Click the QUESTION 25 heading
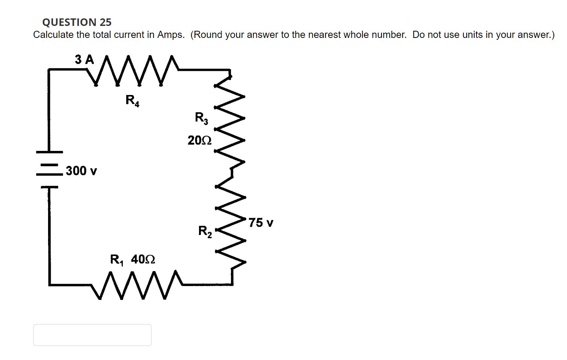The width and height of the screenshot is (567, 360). point(77,22)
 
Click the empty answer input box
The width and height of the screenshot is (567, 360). point(92,335)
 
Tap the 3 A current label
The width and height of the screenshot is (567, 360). point(84,59)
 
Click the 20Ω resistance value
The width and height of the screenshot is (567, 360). point(199,140)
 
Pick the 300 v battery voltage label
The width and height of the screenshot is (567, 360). point(81,171)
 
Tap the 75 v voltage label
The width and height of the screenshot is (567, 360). point(261,223)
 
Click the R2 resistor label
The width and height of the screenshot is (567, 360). point(205,231)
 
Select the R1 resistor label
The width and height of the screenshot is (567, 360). point(117,259)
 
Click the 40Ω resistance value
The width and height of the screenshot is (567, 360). point(143,259)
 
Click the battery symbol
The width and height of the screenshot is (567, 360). point(49,169)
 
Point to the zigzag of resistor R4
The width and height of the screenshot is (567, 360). point(130,70)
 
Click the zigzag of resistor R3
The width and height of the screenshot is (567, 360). point(229,120)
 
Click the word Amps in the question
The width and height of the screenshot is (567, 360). point(170,35)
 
